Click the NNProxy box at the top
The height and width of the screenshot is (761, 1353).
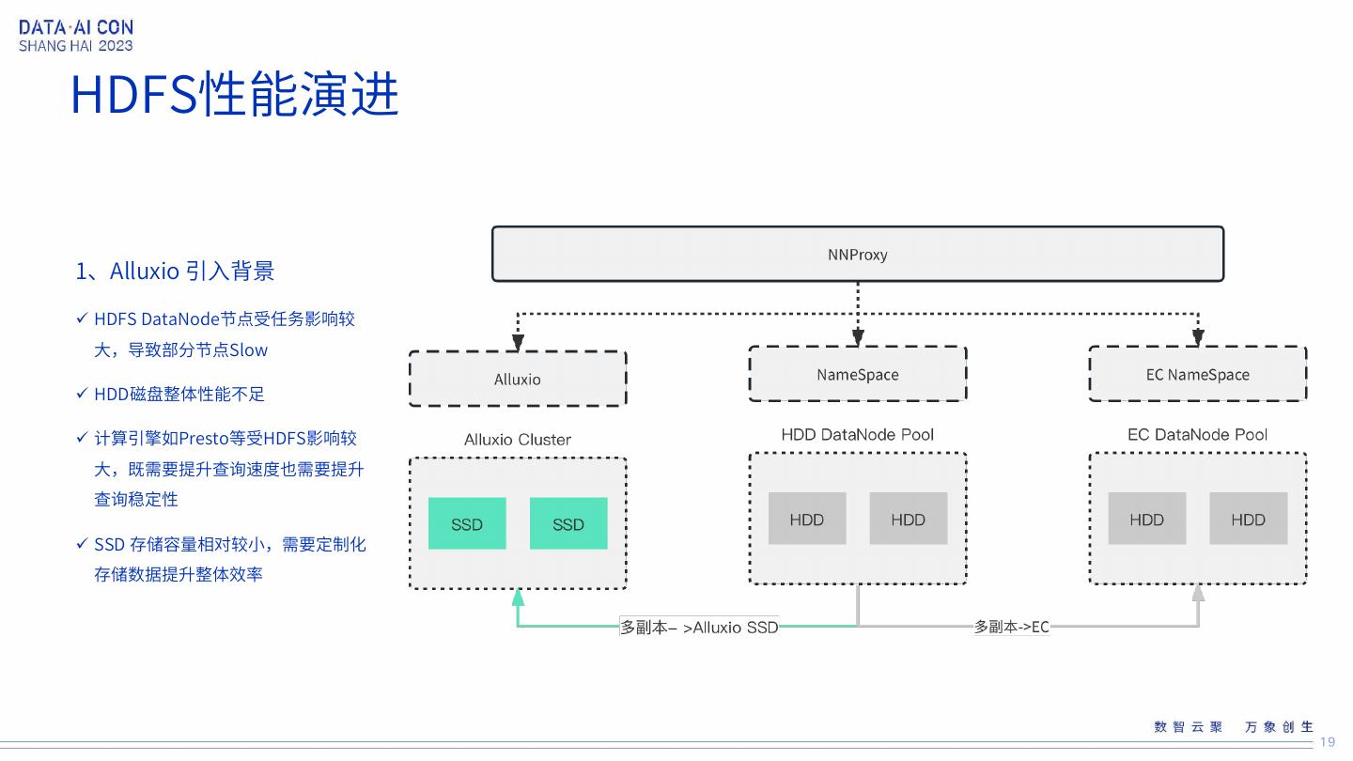[x=857, y=255]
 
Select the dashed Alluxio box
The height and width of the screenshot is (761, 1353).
[x=518, y=380]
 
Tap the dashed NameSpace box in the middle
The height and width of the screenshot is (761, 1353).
[x=857, y=375]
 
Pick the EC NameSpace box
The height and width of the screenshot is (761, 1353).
[x=1197, y=375]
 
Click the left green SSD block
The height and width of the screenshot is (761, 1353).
[x=467, y=524]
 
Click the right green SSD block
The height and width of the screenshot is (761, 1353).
[x=568, y=524]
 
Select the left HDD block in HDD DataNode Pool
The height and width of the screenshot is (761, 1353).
[x=806, y=519]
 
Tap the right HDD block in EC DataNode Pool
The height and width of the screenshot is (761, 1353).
[x=1248, y=519]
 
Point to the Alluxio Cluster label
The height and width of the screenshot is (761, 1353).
[x=518, y=440]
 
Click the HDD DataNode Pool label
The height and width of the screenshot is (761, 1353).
[x=857, y=435]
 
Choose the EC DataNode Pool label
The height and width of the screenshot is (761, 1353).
[x=1197, y=435]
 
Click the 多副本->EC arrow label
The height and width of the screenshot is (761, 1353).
[x=1011, y=627]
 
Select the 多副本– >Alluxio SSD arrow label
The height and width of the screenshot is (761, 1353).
[x=699, y=627]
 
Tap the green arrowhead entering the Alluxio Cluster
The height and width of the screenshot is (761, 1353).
[x=518, y=597]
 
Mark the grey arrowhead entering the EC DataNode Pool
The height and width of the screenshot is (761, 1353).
[x=1198, y=593]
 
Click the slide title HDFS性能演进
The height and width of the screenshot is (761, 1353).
[x=235, y=95]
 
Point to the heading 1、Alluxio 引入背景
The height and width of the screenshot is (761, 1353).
[x=175, y=272]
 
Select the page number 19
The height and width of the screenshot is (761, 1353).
[x=1328, y=742]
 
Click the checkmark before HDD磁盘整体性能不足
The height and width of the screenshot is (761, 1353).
[x=82, y=394]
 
